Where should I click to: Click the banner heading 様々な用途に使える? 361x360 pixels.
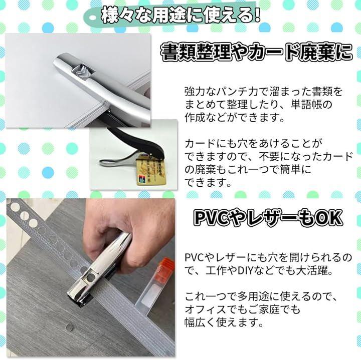(x=180, y=16)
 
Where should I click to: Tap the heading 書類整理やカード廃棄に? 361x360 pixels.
(x=257, y=53)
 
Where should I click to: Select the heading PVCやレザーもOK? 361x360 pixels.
(x=268, y=218)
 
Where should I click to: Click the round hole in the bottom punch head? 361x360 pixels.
(x=90, y=277)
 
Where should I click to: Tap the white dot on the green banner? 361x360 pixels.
(x=93, y=18)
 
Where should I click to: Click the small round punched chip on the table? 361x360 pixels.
(x=70, y=327)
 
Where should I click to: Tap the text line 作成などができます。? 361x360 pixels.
(x=234, y=118)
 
